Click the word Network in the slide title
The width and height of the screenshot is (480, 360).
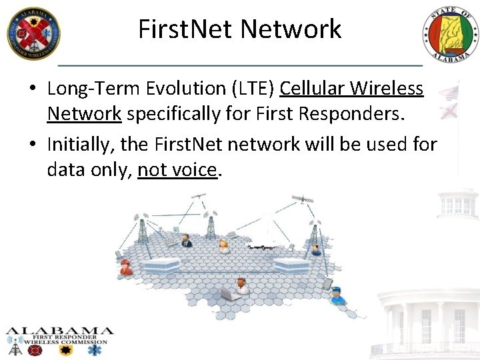291,29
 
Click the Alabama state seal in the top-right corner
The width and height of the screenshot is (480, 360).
450,35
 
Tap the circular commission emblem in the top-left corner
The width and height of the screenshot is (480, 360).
33,33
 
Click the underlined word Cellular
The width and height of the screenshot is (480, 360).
314,88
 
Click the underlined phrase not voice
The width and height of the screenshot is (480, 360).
177,170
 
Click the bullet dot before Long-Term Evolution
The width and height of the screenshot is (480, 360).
34,89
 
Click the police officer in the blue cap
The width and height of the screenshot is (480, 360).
337,295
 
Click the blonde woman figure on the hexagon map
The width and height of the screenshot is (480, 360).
224,246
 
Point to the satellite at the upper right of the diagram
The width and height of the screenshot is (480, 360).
303,199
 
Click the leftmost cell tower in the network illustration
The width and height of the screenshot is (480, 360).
142,230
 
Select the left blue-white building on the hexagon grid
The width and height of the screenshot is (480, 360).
160,265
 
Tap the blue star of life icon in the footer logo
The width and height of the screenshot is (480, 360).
99,349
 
